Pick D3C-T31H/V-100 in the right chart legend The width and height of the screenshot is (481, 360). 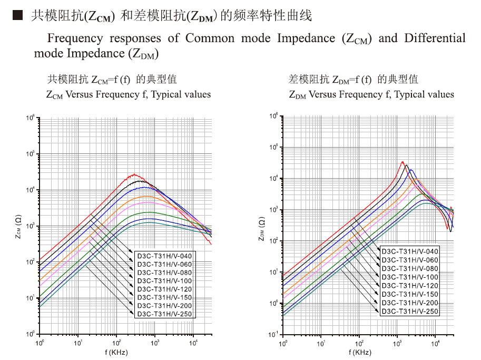pyautogui.click(x=410, y=277)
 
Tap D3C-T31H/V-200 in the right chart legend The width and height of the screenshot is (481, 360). pyautogui.click(x=410, y=303)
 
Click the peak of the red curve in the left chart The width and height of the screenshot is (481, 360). pyautogui.click(x=134, y=174)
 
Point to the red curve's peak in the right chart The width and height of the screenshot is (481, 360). pyautogui.click(x=403, y=162)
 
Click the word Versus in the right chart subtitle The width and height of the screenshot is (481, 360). pyautogui.click(x=325, y=95)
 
